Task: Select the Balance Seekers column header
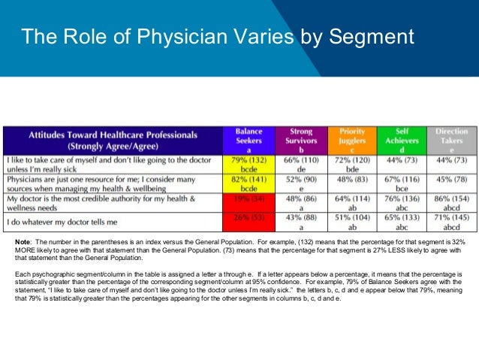pyautogui.click(x=249, y=140)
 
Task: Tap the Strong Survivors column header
pyautogui.click(x=300, y=140)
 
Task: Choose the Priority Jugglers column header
pyautogui.click(x=352, y=140)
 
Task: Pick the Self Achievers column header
pyautogui.click(x=402, y=140)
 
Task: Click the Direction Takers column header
pyautogui.click(x=451, y=140)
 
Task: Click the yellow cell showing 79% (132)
pyautogui.click(x=249, y=165)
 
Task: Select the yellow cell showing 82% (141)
pyautogui.click(x=249, y=185)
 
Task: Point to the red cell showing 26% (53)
pyautogui.click(x=249, y=220)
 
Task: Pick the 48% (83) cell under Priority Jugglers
pyautogui.click(x=352, y=182)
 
